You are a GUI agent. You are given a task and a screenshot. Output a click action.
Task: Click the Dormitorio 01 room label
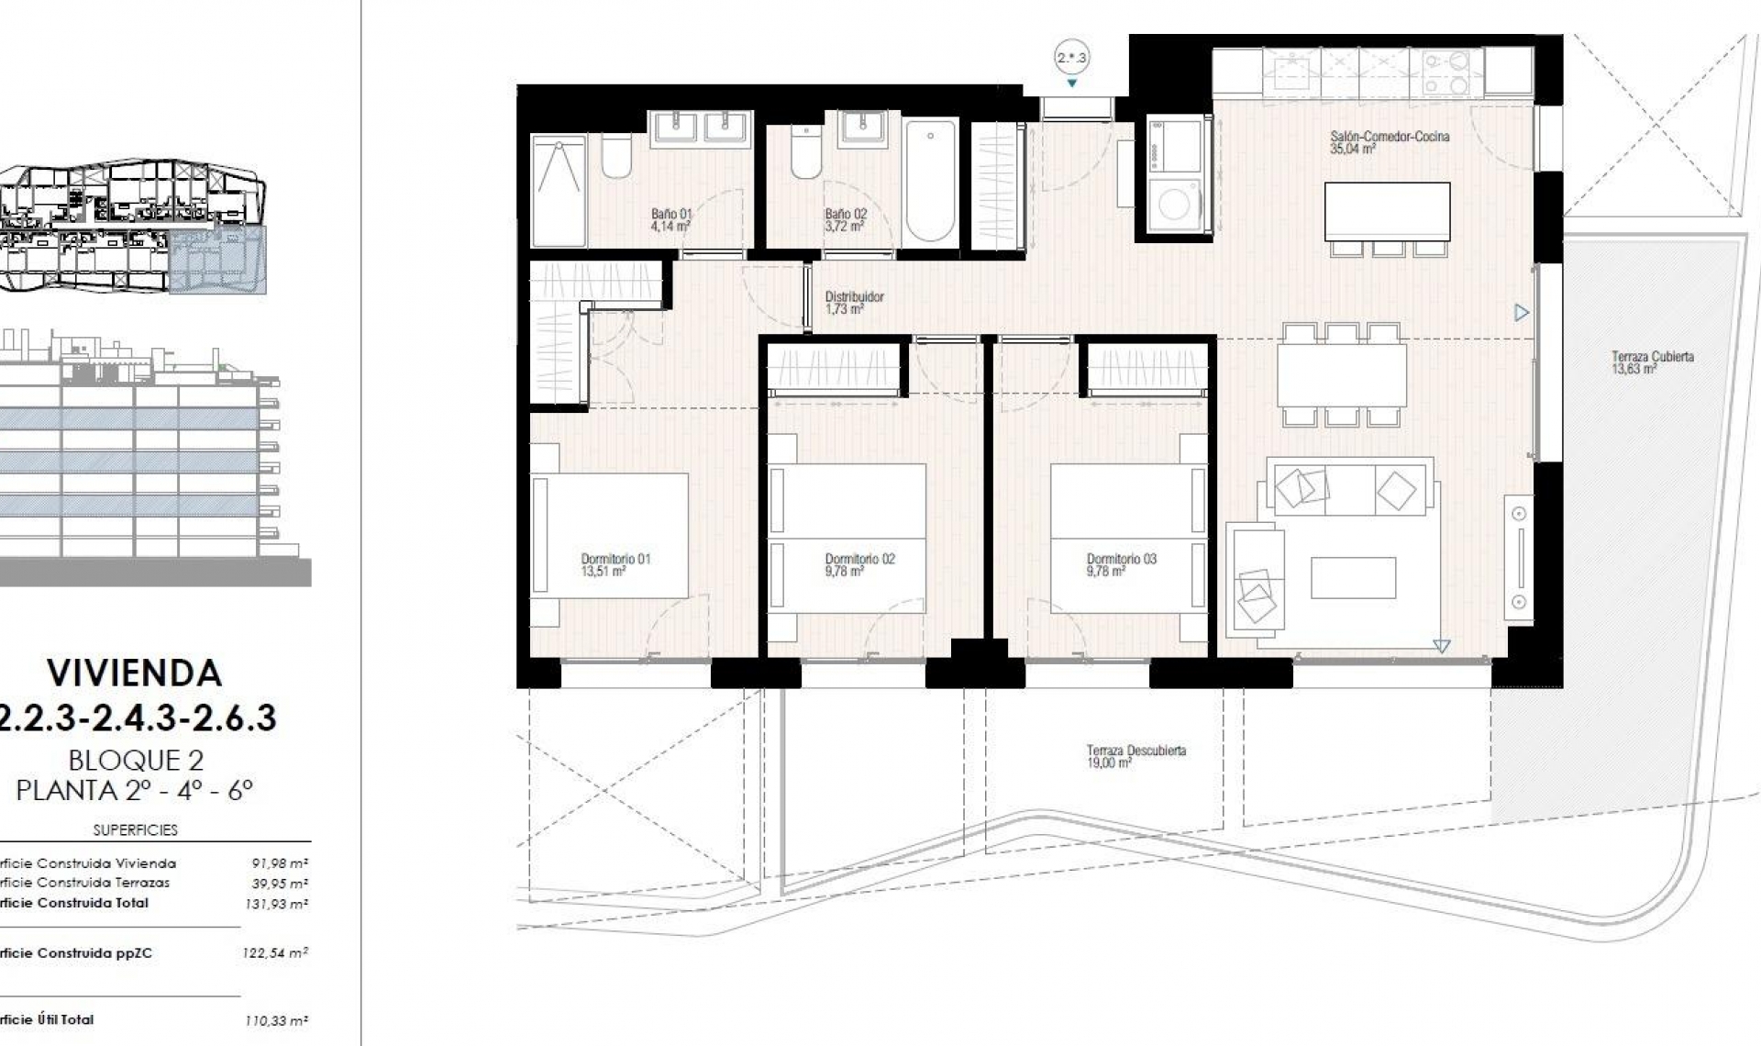pyautogui.click(x=615, y=564)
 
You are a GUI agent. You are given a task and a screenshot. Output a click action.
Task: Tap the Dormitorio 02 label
pyautogui.click(x=859, y=564)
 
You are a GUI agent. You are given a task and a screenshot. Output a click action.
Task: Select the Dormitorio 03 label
pyautogui.click(x=1121, y=564)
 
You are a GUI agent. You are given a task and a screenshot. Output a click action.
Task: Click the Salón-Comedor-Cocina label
pyautogui.click(x=1389, y=141)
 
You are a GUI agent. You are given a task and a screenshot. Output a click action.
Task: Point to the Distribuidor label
pyautogui.click(x=853, y=303)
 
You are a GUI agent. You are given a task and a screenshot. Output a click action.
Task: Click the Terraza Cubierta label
pyautogui.click(x=1652, y=362)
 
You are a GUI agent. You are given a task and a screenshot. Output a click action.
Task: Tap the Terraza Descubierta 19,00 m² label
pyautogui.click(x=1135, y=756)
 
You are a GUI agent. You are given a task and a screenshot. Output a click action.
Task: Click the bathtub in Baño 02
pyautogui.click(x=930, y=182)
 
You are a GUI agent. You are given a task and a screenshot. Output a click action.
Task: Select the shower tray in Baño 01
pyautogui.click(x=558, y=191)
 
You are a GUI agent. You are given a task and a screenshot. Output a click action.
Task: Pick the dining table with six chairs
pyautogui.click(x=1341, y=374)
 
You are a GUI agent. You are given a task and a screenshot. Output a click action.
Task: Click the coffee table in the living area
pyautogui.click(x=1353, y=578)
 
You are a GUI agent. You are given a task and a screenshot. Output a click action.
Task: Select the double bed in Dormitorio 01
pyautogui.click(x=610, y=535)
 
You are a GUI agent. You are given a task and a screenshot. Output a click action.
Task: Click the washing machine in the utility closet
pyautogui.click(x=1175, y=205)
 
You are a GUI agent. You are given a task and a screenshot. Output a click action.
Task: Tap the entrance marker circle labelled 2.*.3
pyautogui.click(x=1071, y=58)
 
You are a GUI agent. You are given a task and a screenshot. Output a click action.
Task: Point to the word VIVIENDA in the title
pyautogui.click(x=135, y=673)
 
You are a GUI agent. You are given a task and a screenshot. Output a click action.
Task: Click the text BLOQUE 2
pyautogui.click(x=136, y=760)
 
